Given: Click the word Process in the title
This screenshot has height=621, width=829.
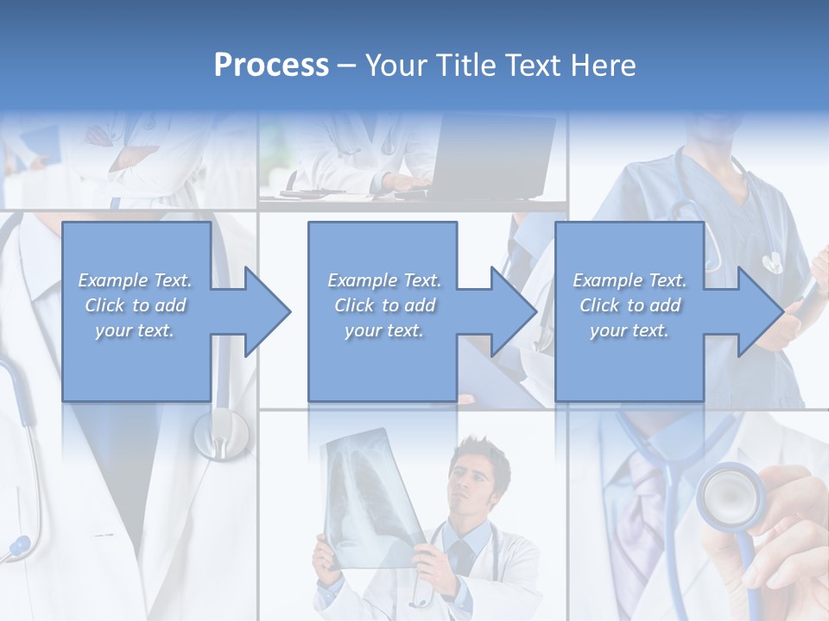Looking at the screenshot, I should pyautogui.click(x=271, y=66).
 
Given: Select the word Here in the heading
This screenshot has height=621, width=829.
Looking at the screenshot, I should pyautogui.click(x=602, y=66).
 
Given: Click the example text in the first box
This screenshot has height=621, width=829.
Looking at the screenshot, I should pyautogui.click(x=136, y=305).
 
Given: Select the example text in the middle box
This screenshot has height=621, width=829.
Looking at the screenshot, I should pyautogui.click(x=383, y=305).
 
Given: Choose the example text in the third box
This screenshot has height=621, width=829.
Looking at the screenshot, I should pyautogui.click(x=630, y=305).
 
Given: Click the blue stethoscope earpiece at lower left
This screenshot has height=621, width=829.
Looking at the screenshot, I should pyautogui.click(x=17, y=546).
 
